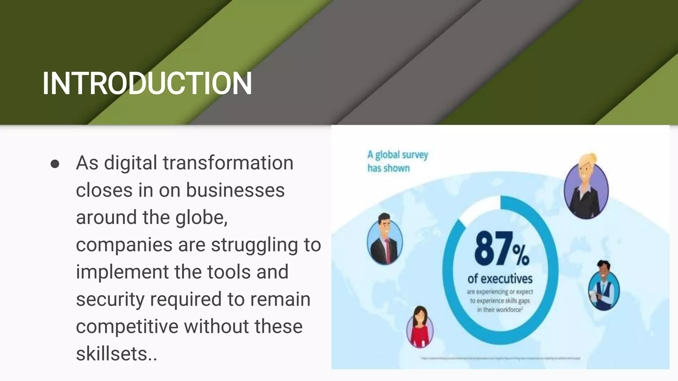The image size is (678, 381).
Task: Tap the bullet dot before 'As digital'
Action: click(x=55, y=164)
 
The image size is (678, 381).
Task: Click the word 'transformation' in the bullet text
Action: click(x=228, y=163)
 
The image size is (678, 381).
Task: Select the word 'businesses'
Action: click(x=235, y=190)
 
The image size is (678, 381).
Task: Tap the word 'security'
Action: click(x=110, y=299)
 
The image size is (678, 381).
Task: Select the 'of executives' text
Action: click(x=500, y=279)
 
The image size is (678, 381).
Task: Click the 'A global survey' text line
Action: click(x=398, y=155)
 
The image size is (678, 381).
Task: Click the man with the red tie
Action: click(x=385, y=239)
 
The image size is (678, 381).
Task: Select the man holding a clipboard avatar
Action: click(x=604, y=286)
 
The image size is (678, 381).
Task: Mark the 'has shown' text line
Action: click(x=389, y=168)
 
